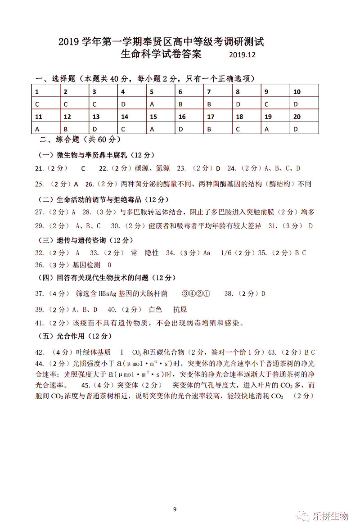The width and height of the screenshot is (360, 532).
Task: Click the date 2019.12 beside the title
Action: pyautogui.click(x=242, y=55)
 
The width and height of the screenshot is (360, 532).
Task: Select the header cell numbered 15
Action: pyautogui.click(x=153, y=117)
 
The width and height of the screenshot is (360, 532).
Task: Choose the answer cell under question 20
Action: pyautogui.click(x=296, y=129)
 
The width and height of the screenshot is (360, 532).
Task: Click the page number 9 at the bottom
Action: pyautogui.click(x=175, y=509)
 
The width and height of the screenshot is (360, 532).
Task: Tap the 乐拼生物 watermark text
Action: pyautogui.click(x=331, y=516)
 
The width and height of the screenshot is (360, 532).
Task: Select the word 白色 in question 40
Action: pyautogui.click(x=155, y=310)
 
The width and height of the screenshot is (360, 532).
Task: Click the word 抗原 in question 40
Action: pyautogui.click(x=180, y=310)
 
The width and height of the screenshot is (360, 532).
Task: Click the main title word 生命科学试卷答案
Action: pyautogui.click(x=161, y=54)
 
